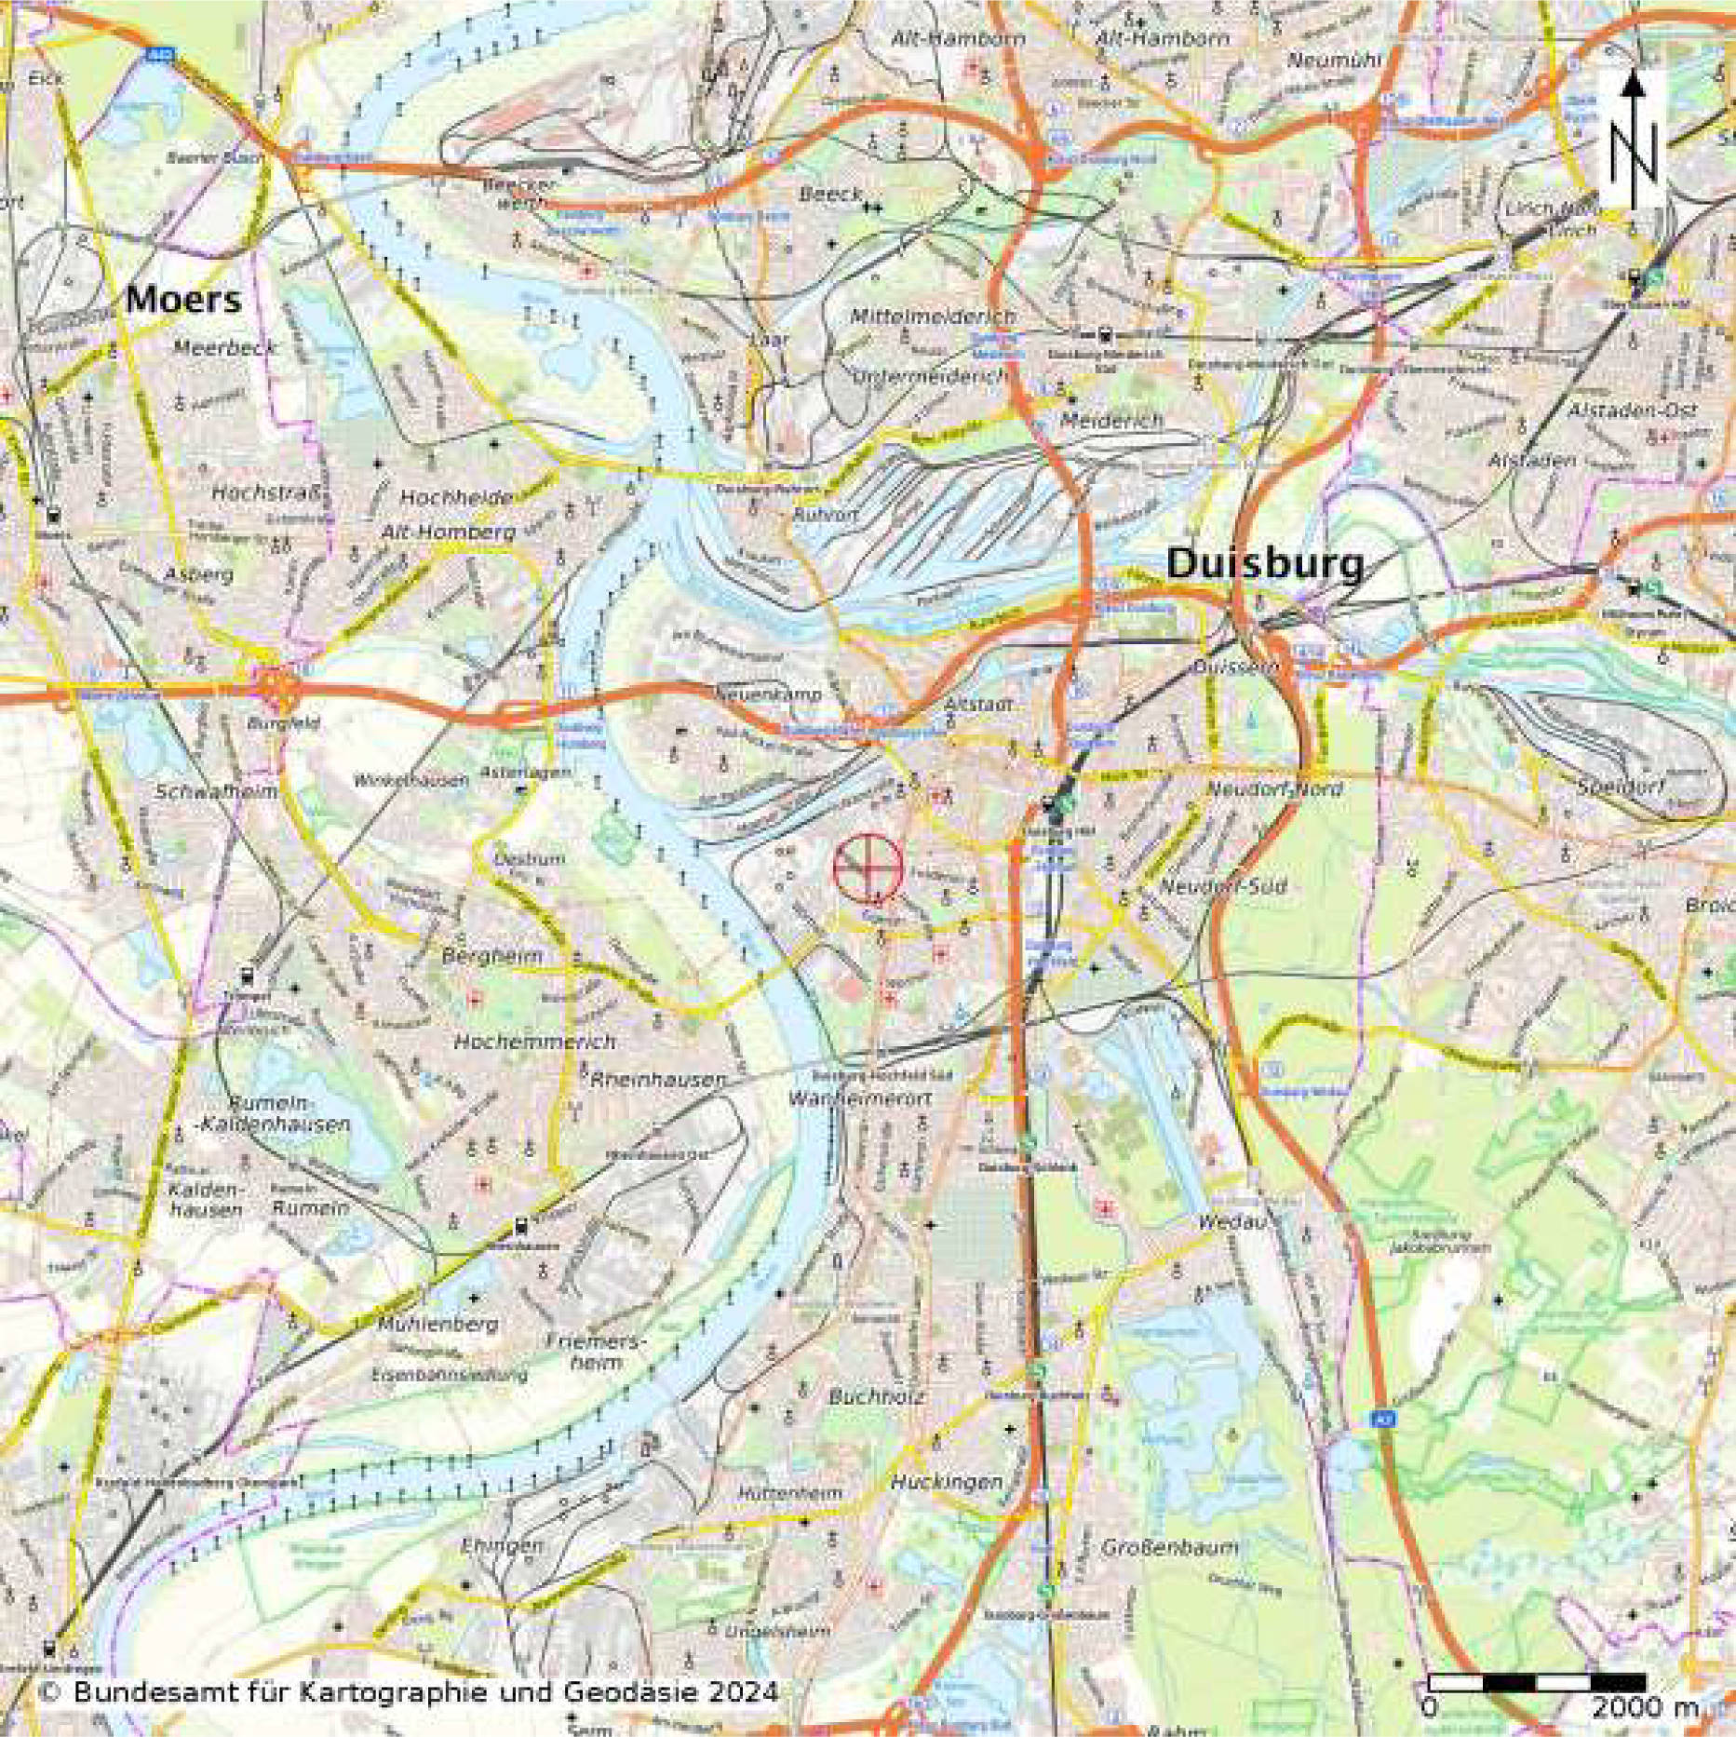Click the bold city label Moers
183,300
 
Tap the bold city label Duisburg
1265,564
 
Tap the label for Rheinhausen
658,1080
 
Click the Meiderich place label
1112,421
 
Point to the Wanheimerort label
859,1098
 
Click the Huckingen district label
947,1481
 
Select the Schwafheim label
216,792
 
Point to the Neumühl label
1334,61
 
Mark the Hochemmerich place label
534,1042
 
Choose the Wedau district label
1233,1222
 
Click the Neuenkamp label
769,694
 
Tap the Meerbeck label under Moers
225,348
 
